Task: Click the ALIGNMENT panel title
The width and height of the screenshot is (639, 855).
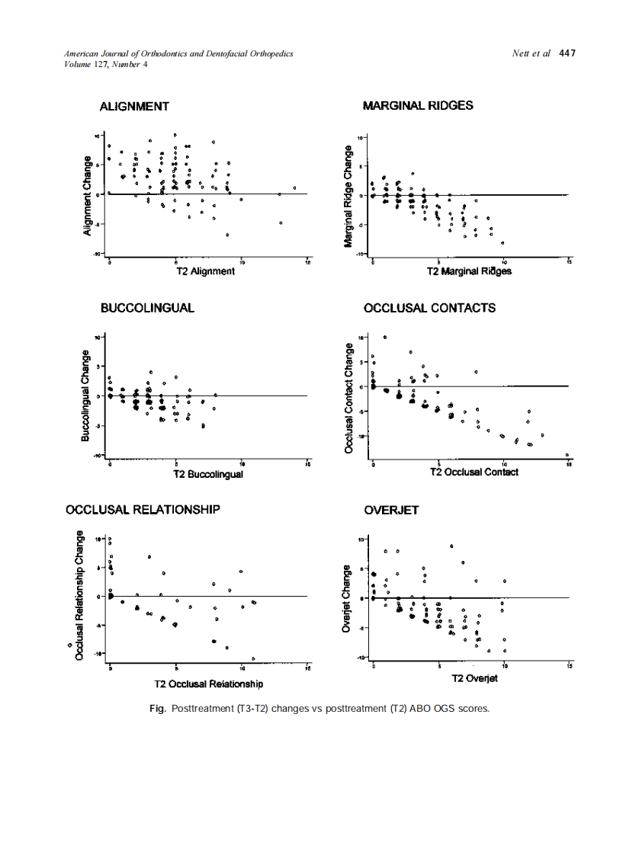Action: coord(134,106)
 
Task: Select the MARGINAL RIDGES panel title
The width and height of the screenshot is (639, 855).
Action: coord(418,105)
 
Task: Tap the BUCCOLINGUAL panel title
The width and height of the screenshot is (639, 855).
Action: coord(147,308)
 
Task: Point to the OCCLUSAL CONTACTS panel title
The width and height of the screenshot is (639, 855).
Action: coord(429,308)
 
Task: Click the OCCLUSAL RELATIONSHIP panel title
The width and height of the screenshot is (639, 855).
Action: coord(143,509)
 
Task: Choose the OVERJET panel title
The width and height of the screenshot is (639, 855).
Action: coord(391,510)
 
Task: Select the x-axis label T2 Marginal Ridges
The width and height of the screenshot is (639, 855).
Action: coord(469,272)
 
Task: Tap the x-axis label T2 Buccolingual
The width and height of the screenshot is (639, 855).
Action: coord(208,474)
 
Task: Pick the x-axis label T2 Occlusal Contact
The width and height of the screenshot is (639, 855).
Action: coord(474,472)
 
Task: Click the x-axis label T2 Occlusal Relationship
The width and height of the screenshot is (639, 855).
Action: coord(208,684)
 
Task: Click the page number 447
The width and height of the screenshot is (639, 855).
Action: coord(567,53)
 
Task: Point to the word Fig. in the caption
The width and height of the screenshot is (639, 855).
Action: coord(158,709)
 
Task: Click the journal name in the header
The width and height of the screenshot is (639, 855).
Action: coord(179,53)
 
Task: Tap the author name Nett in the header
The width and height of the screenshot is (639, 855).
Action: coord(522,53)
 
